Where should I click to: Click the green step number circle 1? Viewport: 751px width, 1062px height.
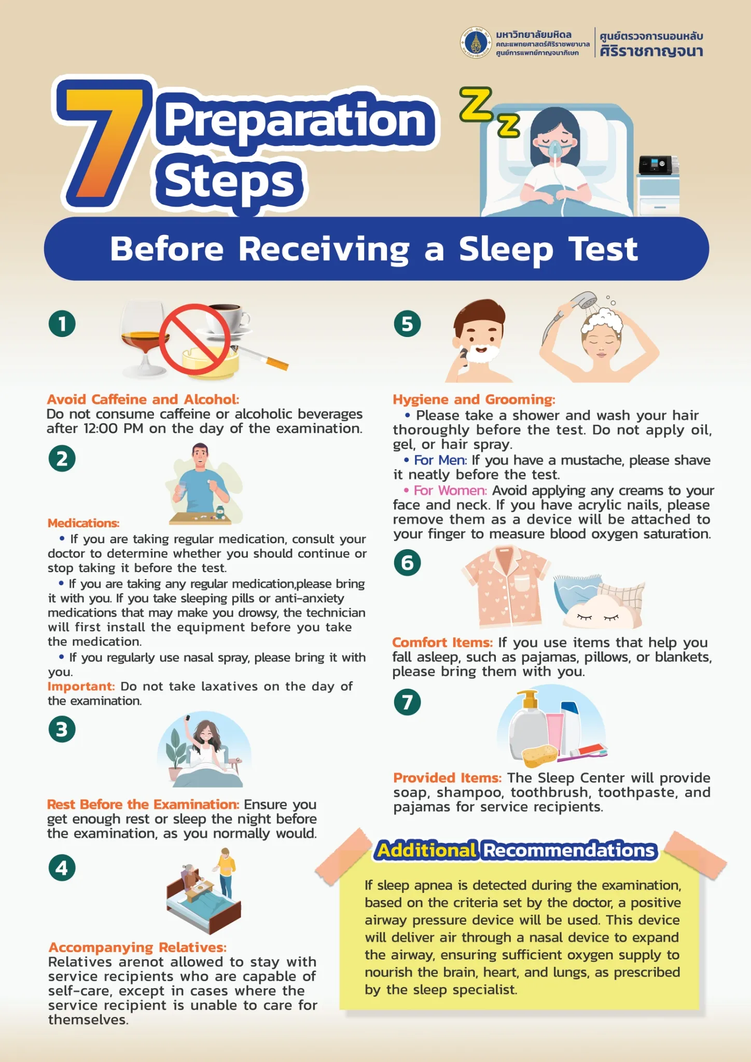(62, 324)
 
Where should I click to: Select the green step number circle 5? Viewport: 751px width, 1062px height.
(407, 324)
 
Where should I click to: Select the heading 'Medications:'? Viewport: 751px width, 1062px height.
(84, 523)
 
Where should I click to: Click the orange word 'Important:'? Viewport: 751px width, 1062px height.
(81, 686)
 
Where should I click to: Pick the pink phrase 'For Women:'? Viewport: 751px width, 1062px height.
(450, 490)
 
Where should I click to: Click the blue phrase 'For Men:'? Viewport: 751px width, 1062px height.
(440, 460)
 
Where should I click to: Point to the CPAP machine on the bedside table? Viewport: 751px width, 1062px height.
(658, 165)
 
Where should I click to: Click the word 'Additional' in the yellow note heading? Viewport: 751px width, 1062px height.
(426, 850)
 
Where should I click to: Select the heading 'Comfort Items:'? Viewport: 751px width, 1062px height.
(442, 642)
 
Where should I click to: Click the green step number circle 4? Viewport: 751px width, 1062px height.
(62, 868)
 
